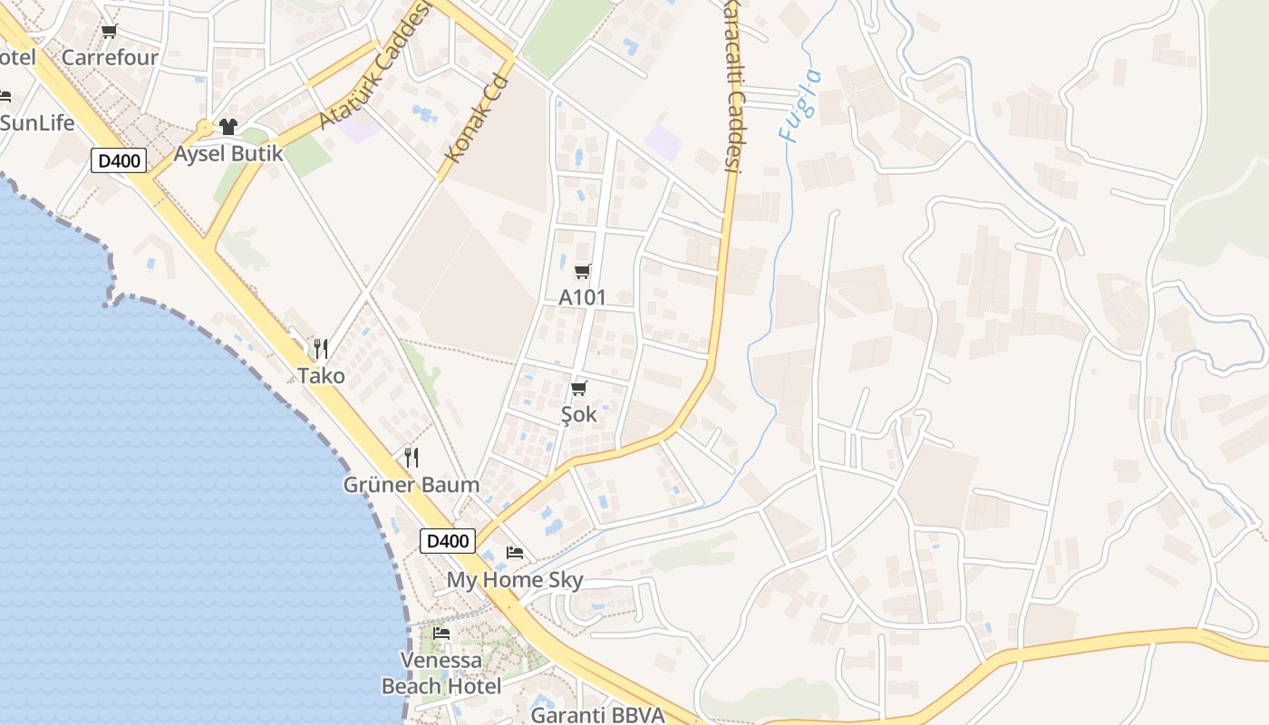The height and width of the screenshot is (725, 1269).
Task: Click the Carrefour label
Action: (110, 57)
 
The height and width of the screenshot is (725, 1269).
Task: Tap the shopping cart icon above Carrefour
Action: (110, 32)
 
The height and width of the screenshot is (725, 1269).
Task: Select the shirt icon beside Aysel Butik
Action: (228, 127)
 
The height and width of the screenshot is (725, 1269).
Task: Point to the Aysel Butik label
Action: (228, 153)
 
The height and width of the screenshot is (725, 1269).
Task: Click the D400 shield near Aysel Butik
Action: (119, 161)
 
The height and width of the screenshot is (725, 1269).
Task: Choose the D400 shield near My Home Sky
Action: (448, 541)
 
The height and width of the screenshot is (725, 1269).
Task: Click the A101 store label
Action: (582, 297)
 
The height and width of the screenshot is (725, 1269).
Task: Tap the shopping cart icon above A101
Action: (583, 271)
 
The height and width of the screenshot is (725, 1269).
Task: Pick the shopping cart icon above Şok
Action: (579, 389)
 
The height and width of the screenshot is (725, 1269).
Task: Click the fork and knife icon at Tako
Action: (319, 348)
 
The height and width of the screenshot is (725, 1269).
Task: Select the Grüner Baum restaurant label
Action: (411, 485)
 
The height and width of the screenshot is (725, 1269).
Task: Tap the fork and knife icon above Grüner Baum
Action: (412, 458)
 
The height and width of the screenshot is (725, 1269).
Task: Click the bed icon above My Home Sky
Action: (515, 552)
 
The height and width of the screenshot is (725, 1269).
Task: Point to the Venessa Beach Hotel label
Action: (441, 673)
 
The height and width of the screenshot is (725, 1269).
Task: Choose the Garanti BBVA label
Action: (597, 714)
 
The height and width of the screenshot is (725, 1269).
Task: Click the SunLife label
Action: (37, 122)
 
